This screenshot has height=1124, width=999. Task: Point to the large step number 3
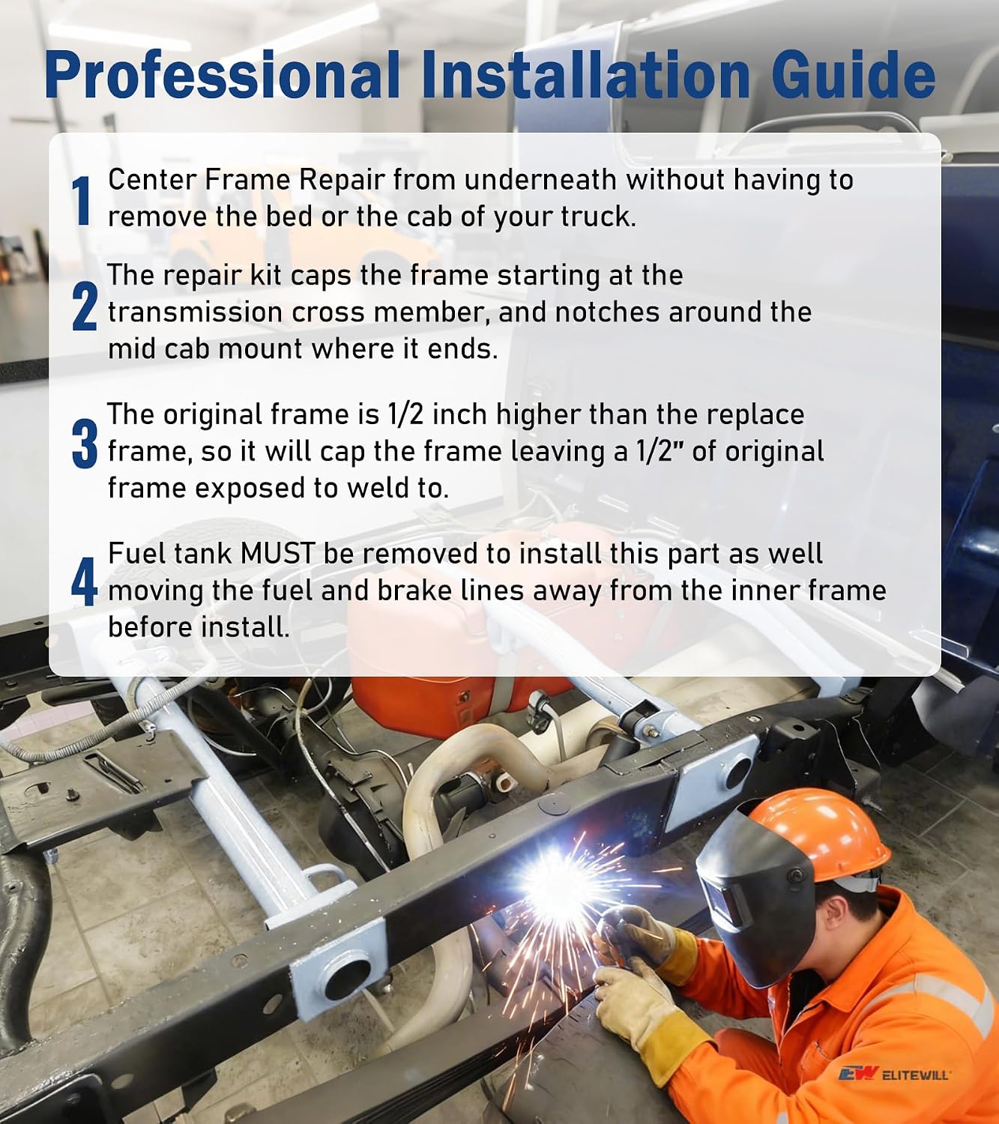(85, 444)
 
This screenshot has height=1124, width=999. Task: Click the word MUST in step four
(277, 554)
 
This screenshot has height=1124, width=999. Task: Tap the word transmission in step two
(195, 312)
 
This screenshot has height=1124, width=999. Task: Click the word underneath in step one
(540, 180)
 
